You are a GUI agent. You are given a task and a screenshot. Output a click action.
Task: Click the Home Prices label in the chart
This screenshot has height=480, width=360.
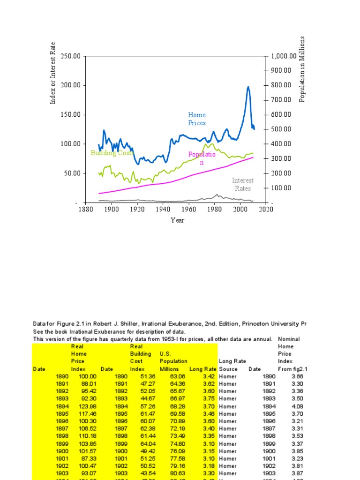tap(197, 119)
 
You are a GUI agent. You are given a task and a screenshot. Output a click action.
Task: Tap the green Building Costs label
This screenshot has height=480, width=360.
tap(112, 153)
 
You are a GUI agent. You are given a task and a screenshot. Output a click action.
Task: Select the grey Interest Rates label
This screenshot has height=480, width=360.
tap(242, 184)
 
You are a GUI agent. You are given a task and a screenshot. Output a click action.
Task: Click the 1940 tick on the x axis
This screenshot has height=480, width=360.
tap(163, 209)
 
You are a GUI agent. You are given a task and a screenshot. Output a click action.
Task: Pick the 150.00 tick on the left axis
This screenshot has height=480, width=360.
tap(70, 114)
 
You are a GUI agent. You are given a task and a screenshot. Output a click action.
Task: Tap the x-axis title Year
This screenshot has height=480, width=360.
tap(177, 220)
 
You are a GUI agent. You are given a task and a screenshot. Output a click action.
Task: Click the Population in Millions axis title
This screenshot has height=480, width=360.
tap(302, 69)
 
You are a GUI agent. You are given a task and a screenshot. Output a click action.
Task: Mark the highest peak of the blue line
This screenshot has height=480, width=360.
tap(248, 87)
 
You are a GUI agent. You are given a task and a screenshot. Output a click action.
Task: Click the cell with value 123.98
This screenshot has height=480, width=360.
tap(88, 406)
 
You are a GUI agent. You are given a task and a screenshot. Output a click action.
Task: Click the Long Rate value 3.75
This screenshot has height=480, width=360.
tap(209, 399)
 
